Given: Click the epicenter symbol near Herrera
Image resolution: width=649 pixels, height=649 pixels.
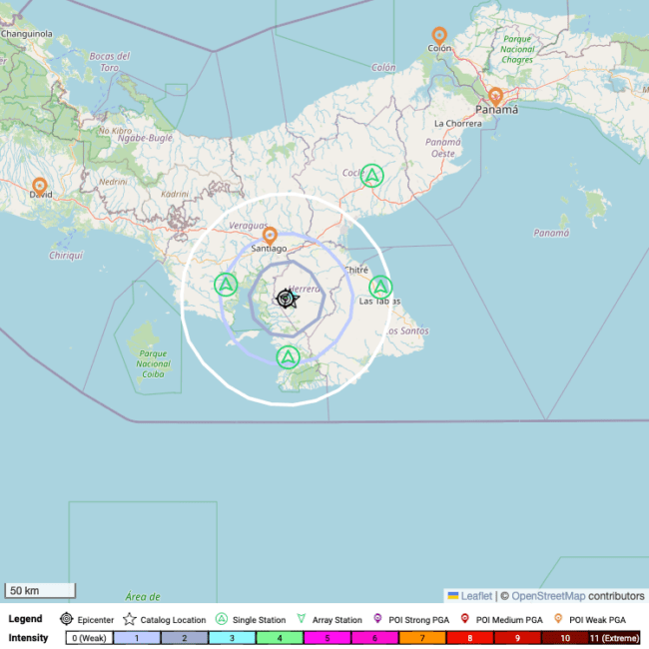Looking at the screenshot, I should [286, 299].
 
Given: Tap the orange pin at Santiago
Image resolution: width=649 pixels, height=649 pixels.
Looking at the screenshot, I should [270, 236].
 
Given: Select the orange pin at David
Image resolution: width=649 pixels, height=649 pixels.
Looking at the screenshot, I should [40, 186].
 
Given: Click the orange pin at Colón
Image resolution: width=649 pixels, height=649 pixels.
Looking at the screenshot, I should [439, 36].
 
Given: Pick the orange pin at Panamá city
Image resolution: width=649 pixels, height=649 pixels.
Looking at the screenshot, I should [495, 97].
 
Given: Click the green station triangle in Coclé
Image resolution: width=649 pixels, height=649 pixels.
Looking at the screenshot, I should [371, 176].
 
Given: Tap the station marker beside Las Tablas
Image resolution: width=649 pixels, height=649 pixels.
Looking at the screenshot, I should [380, 287].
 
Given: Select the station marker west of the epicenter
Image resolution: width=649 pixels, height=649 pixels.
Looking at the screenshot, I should [227, 285].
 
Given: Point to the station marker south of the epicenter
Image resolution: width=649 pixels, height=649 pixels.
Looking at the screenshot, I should [288, 356].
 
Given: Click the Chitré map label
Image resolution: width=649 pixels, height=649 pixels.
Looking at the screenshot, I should [355, 270].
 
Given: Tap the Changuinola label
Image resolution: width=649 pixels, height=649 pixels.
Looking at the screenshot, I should [26, 33].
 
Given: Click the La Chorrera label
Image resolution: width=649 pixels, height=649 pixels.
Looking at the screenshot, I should [457, 124].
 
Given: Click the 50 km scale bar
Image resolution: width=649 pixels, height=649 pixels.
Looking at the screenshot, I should [40, 590].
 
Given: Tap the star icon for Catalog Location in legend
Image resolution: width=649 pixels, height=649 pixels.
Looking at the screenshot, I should [130, 619].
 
